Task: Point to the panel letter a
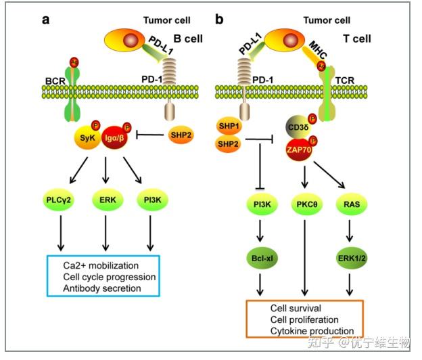(x=46, y=18)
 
